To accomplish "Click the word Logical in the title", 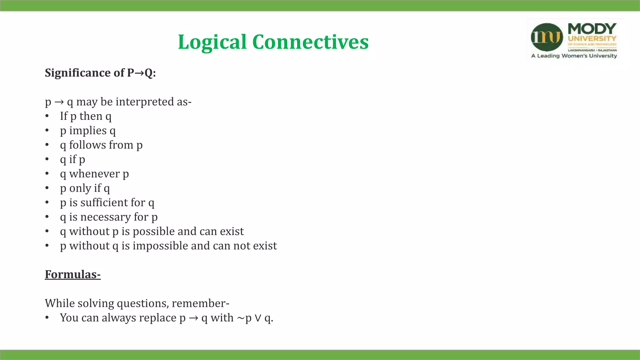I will [x=212, y=42].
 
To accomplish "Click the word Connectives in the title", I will [x=310, y=42].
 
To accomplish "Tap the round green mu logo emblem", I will [x=547, y=37].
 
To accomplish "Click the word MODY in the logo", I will [x=592, y=29].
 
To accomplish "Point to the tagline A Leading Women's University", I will [x=574, y=56].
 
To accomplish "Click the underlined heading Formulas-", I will [x=72, y=274].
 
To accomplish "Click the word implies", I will [x=88, y=131].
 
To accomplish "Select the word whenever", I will [x=94, y=174].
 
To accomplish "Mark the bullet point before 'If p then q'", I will [x=47, y=116].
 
